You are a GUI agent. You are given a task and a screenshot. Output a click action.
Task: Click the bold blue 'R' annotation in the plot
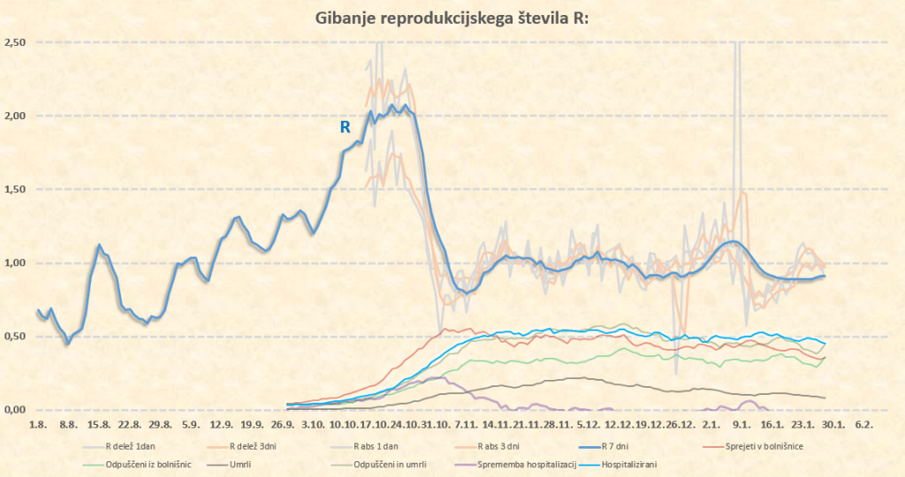click(346, 127)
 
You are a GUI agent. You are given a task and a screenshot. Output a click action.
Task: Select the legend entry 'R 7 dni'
click(619, 446)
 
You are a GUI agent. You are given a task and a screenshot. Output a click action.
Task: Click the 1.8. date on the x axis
click(38, 425)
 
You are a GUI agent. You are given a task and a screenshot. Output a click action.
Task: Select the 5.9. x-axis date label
click(189, 425)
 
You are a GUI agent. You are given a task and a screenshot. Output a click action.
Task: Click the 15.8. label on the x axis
click(98, 425)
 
